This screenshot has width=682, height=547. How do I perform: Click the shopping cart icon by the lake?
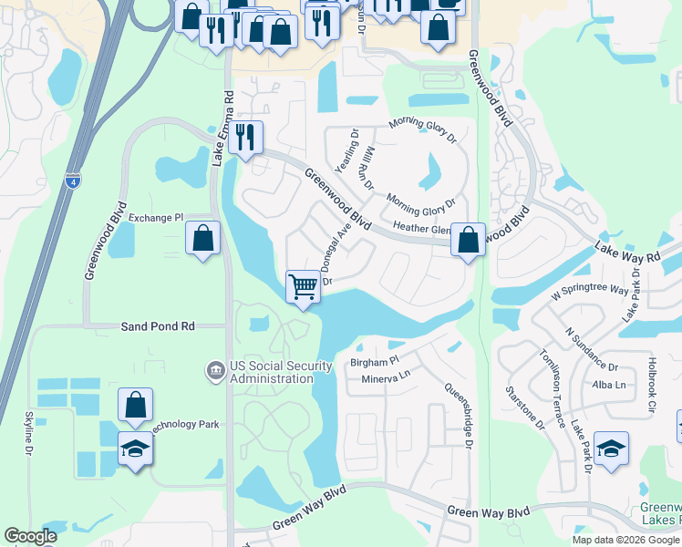coord(303,287)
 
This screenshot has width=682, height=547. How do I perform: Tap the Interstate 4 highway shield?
coord(73,181)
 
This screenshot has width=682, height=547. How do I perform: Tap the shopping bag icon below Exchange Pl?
coord(203,240)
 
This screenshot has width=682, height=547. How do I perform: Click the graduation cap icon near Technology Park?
coord(135,449)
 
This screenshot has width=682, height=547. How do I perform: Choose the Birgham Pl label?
coord(375,362)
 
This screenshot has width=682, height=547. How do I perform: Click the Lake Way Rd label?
coord(627,253)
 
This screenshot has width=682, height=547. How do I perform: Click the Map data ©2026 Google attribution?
coord(625,540)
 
